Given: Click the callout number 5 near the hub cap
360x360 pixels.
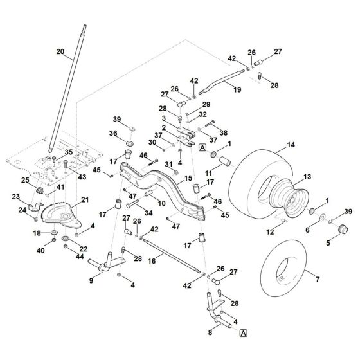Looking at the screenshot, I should (329, 244).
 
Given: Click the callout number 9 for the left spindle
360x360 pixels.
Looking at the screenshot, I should (91, 280).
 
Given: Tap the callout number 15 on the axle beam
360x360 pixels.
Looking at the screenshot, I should (189, 178).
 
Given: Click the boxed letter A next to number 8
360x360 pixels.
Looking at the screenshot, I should (244, 333).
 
